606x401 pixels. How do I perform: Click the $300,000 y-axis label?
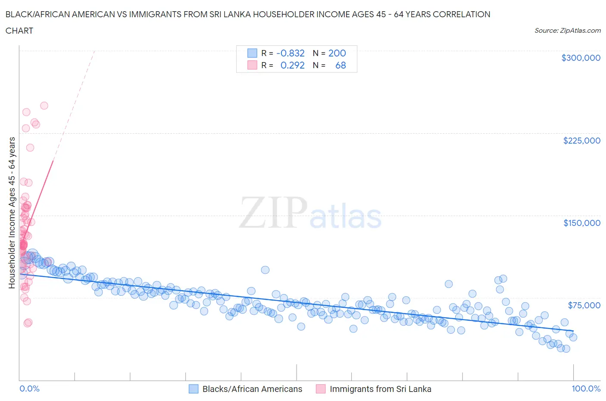point(581,58)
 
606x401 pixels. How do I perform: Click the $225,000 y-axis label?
point(581,141)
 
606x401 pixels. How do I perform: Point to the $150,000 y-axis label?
point(581,223)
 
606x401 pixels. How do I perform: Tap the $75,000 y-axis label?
point(584,305)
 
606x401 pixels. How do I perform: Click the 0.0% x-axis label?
point(29,388)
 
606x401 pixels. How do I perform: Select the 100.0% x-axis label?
point(586,388)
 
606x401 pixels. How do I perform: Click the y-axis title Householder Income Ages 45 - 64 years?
point(12,213)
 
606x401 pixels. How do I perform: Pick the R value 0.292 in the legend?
point(292,65)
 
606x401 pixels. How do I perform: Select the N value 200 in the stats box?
point(337,53)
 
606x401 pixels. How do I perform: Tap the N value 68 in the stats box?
point(340,65)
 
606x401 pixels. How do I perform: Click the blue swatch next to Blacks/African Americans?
point(194,389)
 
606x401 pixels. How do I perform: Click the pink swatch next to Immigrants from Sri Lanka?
point(321,389)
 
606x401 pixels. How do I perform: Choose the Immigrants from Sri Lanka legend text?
point(380,389)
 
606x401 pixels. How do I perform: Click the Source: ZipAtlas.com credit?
point(567,31)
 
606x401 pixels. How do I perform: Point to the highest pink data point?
point(44,106)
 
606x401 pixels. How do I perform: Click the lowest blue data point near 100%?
point(566,348)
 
